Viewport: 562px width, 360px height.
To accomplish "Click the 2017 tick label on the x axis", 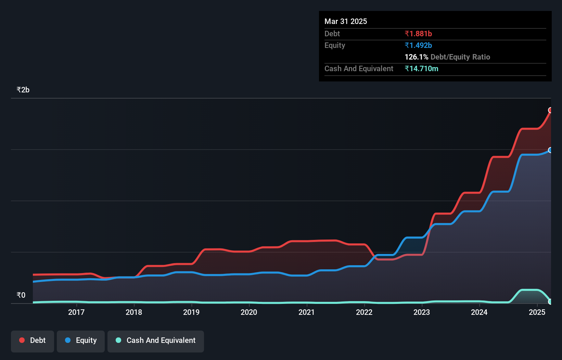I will pyautogui.click(x=76, y=312).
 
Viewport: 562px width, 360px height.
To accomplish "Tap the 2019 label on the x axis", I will pyautogui.click(x=191, y=312).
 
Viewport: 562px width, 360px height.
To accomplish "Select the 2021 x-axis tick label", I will pyautogui.click(x=306, y=312).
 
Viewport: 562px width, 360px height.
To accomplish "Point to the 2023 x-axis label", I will pyautogui.click(x=421, y=312).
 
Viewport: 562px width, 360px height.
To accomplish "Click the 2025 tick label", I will pyautogui.click(x=537, y=312).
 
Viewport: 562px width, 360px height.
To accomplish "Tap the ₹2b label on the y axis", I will pyautogui.click(x=23, y=90).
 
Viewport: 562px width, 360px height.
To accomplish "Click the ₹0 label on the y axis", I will pyautogui.click(x=21, y=295).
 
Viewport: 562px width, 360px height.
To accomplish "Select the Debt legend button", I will pyautogui.click(x=33, y=340).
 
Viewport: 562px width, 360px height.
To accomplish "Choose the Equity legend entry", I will pyautogui.click(x=81, y=340).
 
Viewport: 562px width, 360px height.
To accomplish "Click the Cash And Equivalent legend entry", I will pyautogui.click(x=156, y=340).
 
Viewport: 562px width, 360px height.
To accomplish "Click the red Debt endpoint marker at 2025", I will pyautogui.click(x=550, y=110).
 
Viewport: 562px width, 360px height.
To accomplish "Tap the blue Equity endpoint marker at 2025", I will pyautogui.click(x=550, y=150).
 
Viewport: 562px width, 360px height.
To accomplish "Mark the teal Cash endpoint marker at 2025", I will pyautogui.click(x=550, y=301).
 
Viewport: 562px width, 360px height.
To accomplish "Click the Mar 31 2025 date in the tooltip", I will pyautogui.click(x=346, y=21).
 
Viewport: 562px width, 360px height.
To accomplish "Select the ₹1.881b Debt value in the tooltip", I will pyautogui.click(x=418, y=34).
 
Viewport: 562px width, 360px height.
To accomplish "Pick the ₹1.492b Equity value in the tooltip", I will pyautogui.click(x=418, y=45).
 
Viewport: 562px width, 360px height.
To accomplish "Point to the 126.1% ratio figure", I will pyautogui.click(x=416, y=57).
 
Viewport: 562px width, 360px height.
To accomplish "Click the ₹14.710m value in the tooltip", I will pyautogui.click(x=421, y=68).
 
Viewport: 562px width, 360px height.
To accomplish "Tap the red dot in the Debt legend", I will pyautogui.click(x=22, y=340).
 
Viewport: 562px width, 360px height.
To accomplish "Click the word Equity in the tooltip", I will pyautogui.click(x=334, y=45).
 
